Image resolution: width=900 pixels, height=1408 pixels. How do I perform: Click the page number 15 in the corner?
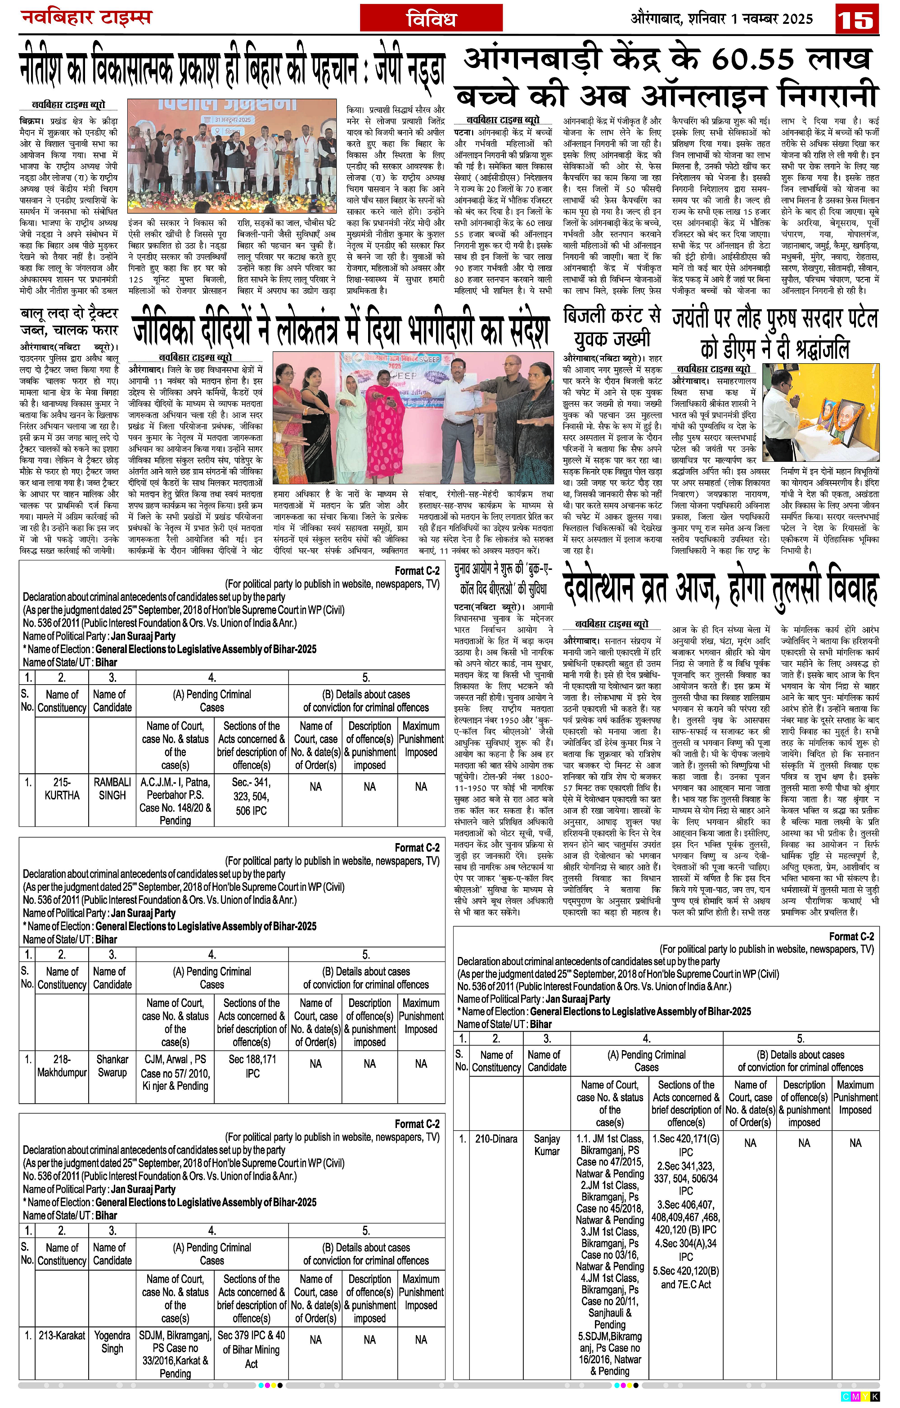(x=858, y=19)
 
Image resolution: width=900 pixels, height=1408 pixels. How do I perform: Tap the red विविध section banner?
(x=431, y=18)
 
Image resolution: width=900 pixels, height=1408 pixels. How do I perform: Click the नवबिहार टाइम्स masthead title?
(x=86, y=17)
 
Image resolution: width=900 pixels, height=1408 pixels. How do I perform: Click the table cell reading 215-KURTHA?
(x=62, y=789)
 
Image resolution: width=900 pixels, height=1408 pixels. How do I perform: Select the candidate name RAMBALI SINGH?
(x=112, y=789)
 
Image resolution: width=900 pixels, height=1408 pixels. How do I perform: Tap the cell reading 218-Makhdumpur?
(x=62, y=1066)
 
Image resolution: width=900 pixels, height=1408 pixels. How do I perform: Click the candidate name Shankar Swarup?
(x=112, y=1066)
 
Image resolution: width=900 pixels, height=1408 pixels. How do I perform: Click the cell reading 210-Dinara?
(x=496, y=1139)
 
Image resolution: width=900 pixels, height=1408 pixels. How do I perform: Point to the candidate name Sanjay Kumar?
(x=547, y=1145)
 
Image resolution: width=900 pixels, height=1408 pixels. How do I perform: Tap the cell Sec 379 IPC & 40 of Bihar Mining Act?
(x=251, y=1349)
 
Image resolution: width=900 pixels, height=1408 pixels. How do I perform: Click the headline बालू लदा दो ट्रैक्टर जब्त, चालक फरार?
(x=69, y=321)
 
